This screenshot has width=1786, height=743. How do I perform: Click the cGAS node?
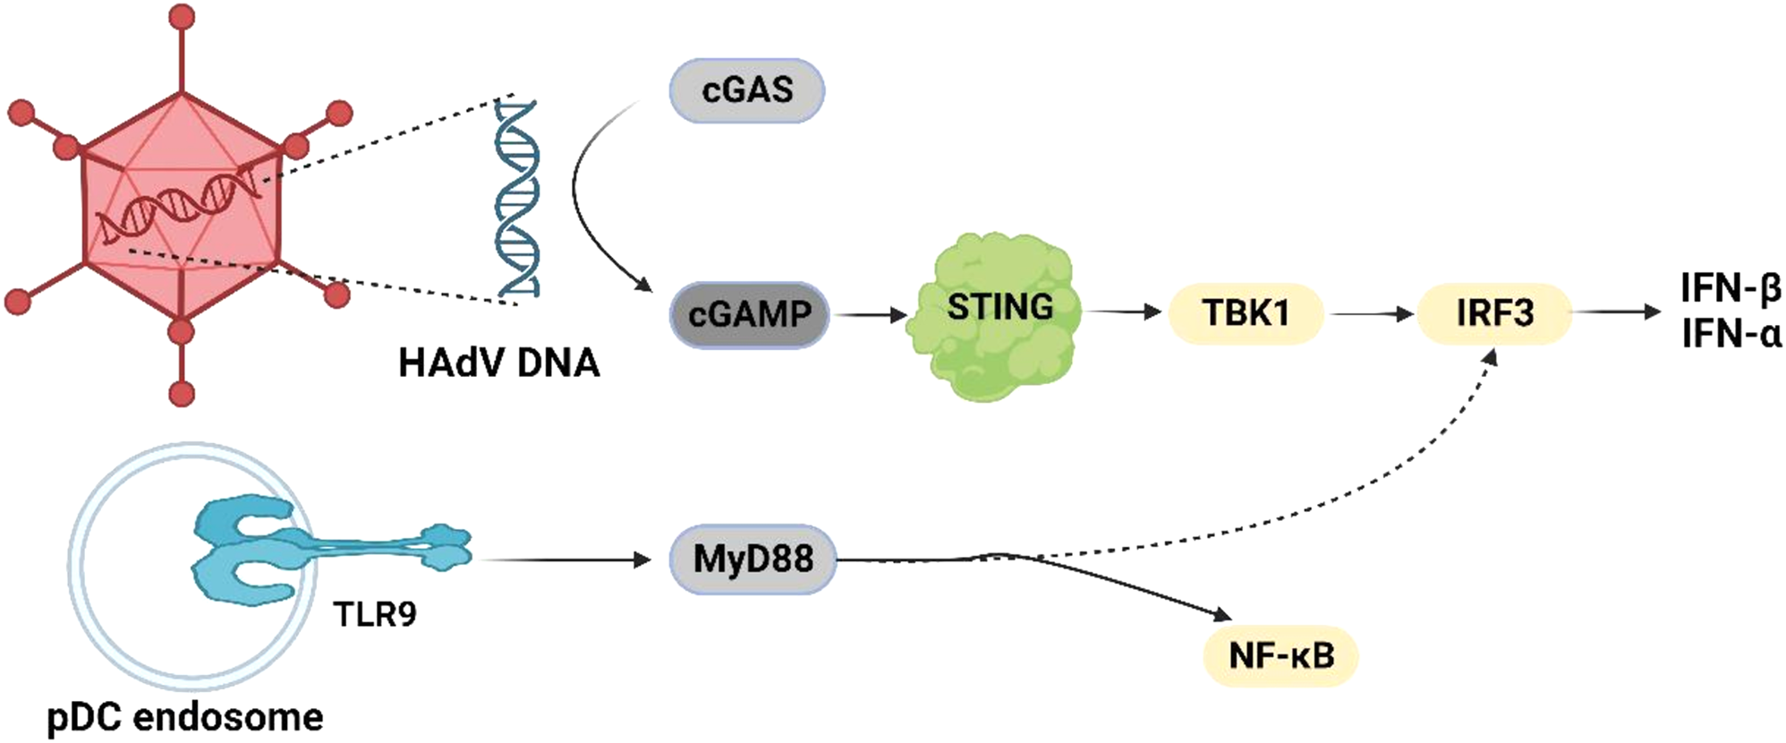coord(746,90)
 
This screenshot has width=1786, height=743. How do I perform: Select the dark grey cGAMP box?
coord(750,314)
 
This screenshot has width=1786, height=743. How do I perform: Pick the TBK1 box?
coord(1246,313)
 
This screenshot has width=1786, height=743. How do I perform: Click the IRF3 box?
coord(1493,313)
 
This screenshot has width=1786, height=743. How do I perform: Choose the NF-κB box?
coord(1281,655)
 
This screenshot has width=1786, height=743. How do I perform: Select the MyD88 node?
coord(753,559)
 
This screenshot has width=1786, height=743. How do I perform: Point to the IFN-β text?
coord(1731,289)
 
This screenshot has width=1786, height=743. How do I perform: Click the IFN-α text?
coord(1731,334)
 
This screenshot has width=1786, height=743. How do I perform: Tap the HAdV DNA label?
coord(498,363)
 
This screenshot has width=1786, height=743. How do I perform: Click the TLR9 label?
coord(374,614)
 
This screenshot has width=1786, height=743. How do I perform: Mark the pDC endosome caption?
coord(185,717)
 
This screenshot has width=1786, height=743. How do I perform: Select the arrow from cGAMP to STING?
coord(870,314)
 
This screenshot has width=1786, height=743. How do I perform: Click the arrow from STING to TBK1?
coord(1123,312)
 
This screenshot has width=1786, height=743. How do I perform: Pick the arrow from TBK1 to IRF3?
coord(1371,313)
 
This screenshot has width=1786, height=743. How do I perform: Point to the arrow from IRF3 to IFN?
coord(1616,312)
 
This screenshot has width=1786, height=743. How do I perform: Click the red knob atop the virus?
coord(182,16)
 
